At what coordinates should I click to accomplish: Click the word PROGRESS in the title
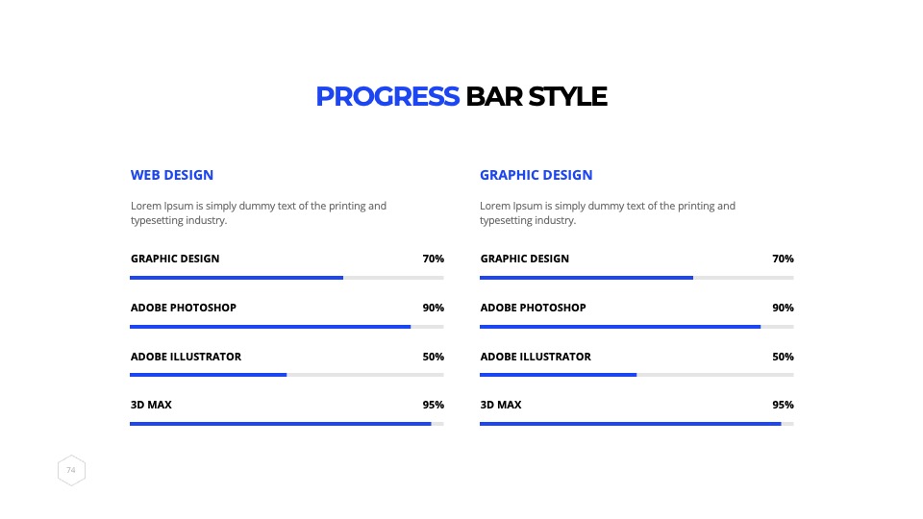tap(387, 96)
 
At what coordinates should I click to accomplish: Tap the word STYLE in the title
tap(567, 96)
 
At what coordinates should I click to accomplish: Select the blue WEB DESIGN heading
tap(172, 175)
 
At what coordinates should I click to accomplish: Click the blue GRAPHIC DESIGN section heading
tap(536, 175)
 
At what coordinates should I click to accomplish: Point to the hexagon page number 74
tap(71, 470)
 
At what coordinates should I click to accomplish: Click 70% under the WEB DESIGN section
tap(434, 259)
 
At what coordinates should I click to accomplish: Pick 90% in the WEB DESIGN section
tap(434, 308)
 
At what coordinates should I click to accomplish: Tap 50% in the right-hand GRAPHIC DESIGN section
tap(783, 357)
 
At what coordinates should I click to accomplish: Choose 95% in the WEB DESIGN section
tap(434, 405)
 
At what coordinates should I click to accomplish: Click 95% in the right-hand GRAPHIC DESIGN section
tap(783, 405)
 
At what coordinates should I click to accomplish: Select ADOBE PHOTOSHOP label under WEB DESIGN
tap(184, 308)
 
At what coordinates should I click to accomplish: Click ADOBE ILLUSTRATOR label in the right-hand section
tap(536, 357)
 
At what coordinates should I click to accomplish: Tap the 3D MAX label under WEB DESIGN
tap(151, 405)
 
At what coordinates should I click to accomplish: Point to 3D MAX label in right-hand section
tap(501, 405)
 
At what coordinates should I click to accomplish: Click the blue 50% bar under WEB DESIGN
tap(209, 375)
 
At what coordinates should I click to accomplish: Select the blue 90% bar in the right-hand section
tap(620, 327)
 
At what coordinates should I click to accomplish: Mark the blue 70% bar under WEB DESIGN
tap(237, 278)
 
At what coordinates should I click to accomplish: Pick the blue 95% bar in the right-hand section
tap(631, 424)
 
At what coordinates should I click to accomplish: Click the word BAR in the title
tap(494, 96)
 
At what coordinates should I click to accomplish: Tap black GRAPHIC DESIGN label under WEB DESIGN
tap(175, 259)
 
